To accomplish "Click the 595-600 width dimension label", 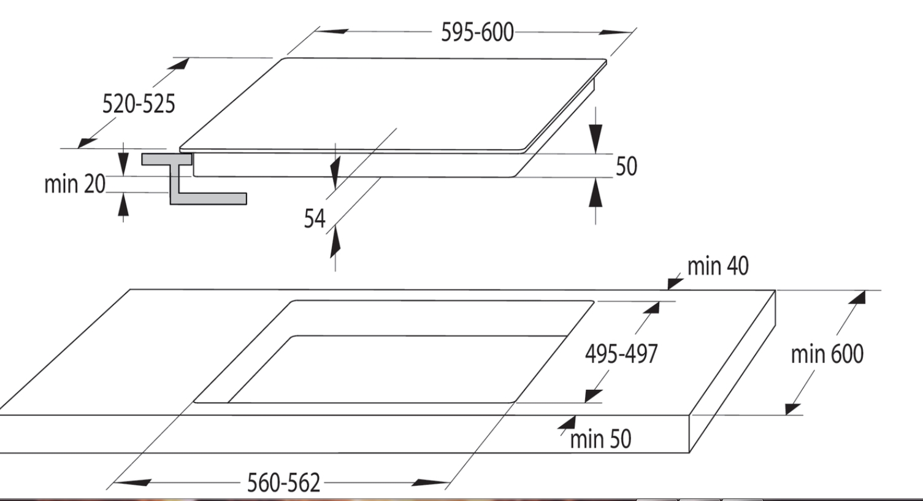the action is pos(477,32).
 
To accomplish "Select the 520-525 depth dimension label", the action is pos(139,104).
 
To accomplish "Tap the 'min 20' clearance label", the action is pos(75,184).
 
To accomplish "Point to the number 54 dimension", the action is pos(315,218).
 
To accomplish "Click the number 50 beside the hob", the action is pos(626,166).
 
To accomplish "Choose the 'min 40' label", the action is pos(718,266).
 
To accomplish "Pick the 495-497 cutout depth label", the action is pos(621,353).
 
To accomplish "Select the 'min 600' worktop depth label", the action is pos(827,354).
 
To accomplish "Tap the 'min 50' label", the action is pos(600,439).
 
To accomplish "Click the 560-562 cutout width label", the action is pos(283,483).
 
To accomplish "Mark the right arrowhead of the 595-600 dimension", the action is pos(616,32).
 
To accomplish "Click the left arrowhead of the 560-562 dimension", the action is pos(132,482).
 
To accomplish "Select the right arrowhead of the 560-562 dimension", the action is pos(431,483).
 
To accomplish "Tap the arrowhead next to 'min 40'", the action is pos(675,283).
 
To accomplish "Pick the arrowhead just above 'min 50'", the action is pos(569,423).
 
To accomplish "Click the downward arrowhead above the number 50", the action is pos(596,139).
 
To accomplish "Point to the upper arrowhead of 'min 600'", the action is pos(858,297).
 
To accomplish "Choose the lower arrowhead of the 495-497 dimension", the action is pos(593,396).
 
